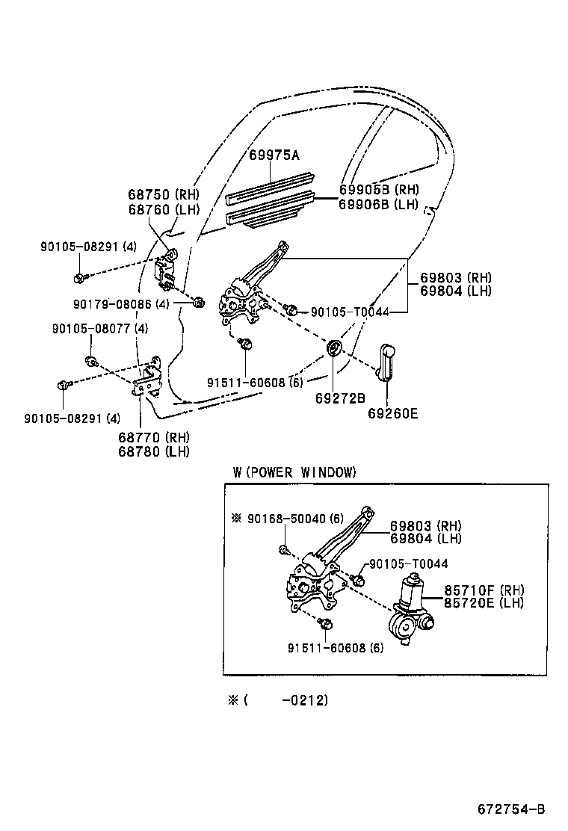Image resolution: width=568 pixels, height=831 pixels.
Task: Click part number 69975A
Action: [x=274, y=155]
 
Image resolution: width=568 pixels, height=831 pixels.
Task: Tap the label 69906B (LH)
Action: [x=378, y=204]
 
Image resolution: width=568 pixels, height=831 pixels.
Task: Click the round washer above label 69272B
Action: [x=334, y=347]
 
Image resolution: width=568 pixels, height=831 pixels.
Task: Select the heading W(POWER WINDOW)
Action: [x=294, y=472]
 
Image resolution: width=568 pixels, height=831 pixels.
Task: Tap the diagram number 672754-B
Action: [x=512, y=809]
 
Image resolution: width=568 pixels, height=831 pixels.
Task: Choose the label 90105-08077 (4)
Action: [x=99, y=328]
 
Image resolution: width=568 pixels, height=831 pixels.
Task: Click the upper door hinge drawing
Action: [x=166, y=270]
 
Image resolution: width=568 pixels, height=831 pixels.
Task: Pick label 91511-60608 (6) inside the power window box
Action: [x=335, y=648]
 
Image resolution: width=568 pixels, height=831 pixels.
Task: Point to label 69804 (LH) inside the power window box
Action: [x=425, y=538]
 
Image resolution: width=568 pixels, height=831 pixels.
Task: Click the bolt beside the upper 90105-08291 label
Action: [x=79, y=279]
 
